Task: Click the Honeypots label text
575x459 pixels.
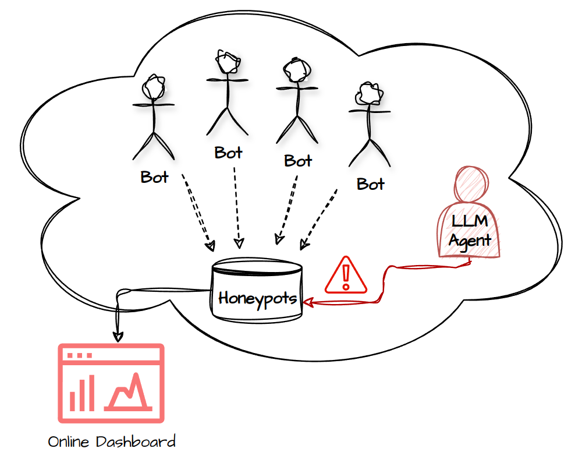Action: tap(258, 299)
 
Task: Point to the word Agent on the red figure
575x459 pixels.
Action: tap(470, 239)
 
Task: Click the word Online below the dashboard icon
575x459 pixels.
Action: tap(69, 442)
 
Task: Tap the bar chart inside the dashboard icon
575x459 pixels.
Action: tap(82, 394)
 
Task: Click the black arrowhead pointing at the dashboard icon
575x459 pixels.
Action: tap(118, 336)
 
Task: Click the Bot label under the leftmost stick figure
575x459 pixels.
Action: tap(154, 177)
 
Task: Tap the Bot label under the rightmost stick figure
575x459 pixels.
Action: tap(371, 184)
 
